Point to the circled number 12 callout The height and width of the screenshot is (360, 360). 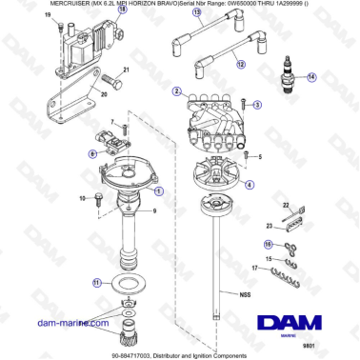coord(241,64)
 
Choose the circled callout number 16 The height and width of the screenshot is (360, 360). coord(268,244)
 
